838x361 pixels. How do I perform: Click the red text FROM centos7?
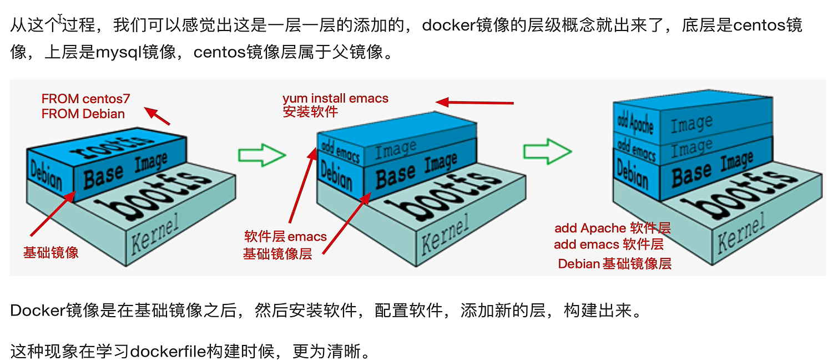[85, 99]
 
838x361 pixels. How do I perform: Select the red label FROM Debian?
[83, 114]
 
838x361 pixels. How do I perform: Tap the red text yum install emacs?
[335, 99]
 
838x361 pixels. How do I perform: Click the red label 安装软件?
[310, 111]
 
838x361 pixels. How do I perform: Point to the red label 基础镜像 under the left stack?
[51, 252]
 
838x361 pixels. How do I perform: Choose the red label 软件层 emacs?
[285, 237]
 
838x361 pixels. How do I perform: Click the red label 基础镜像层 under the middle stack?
[277, 254]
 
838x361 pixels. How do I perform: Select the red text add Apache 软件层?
[612, 228]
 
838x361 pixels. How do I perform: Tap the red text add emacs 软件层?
[608, 244]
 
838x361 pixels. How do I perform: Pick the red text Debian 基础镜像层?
[614, 264]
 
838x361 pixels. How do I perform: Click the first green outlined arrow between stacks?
[261, 155]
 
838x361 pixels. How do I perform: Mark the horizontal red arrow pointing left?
[474, 102]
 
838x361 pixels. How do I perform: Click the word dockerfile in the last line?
[168, 352]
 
